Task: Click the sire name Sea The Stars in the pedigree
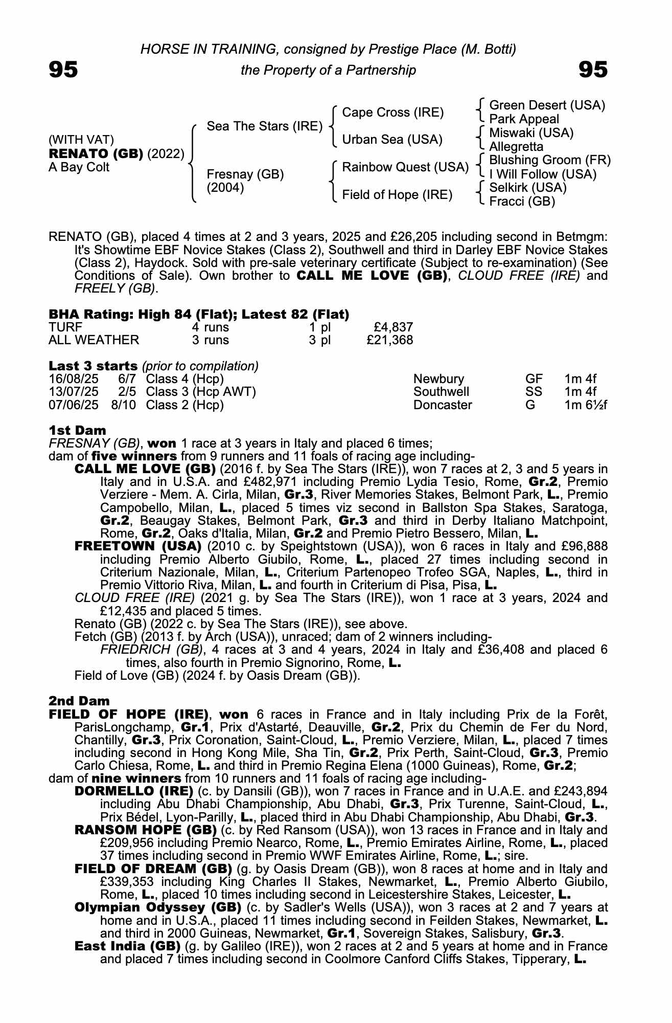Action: coord(264,126)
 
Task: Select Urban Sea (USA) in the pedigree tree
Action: coord(392,140)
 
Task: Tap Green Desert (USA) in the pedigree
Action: coord(547,105)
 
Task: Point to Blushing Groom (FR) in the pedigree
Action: coord(550,161)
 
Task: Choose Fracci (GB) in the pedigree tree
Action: coord(522,202)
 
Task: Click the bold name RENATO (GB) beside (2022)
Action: coord(96,154)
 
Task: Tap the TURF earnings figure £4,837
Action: coord(393,327)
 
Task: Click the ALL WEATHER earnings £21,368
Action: coord(389,340)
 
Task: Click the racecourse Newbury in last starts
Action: coord(438,379)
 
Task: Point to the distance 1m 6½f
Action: coord(586,405)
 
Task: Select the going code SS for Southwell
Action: coord(534,392)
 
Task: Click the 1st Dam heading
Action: coord(77,431)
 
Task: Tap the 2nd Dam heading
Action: coord(79,701)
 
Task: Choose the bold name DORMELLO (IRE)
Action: coord(133,791)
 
